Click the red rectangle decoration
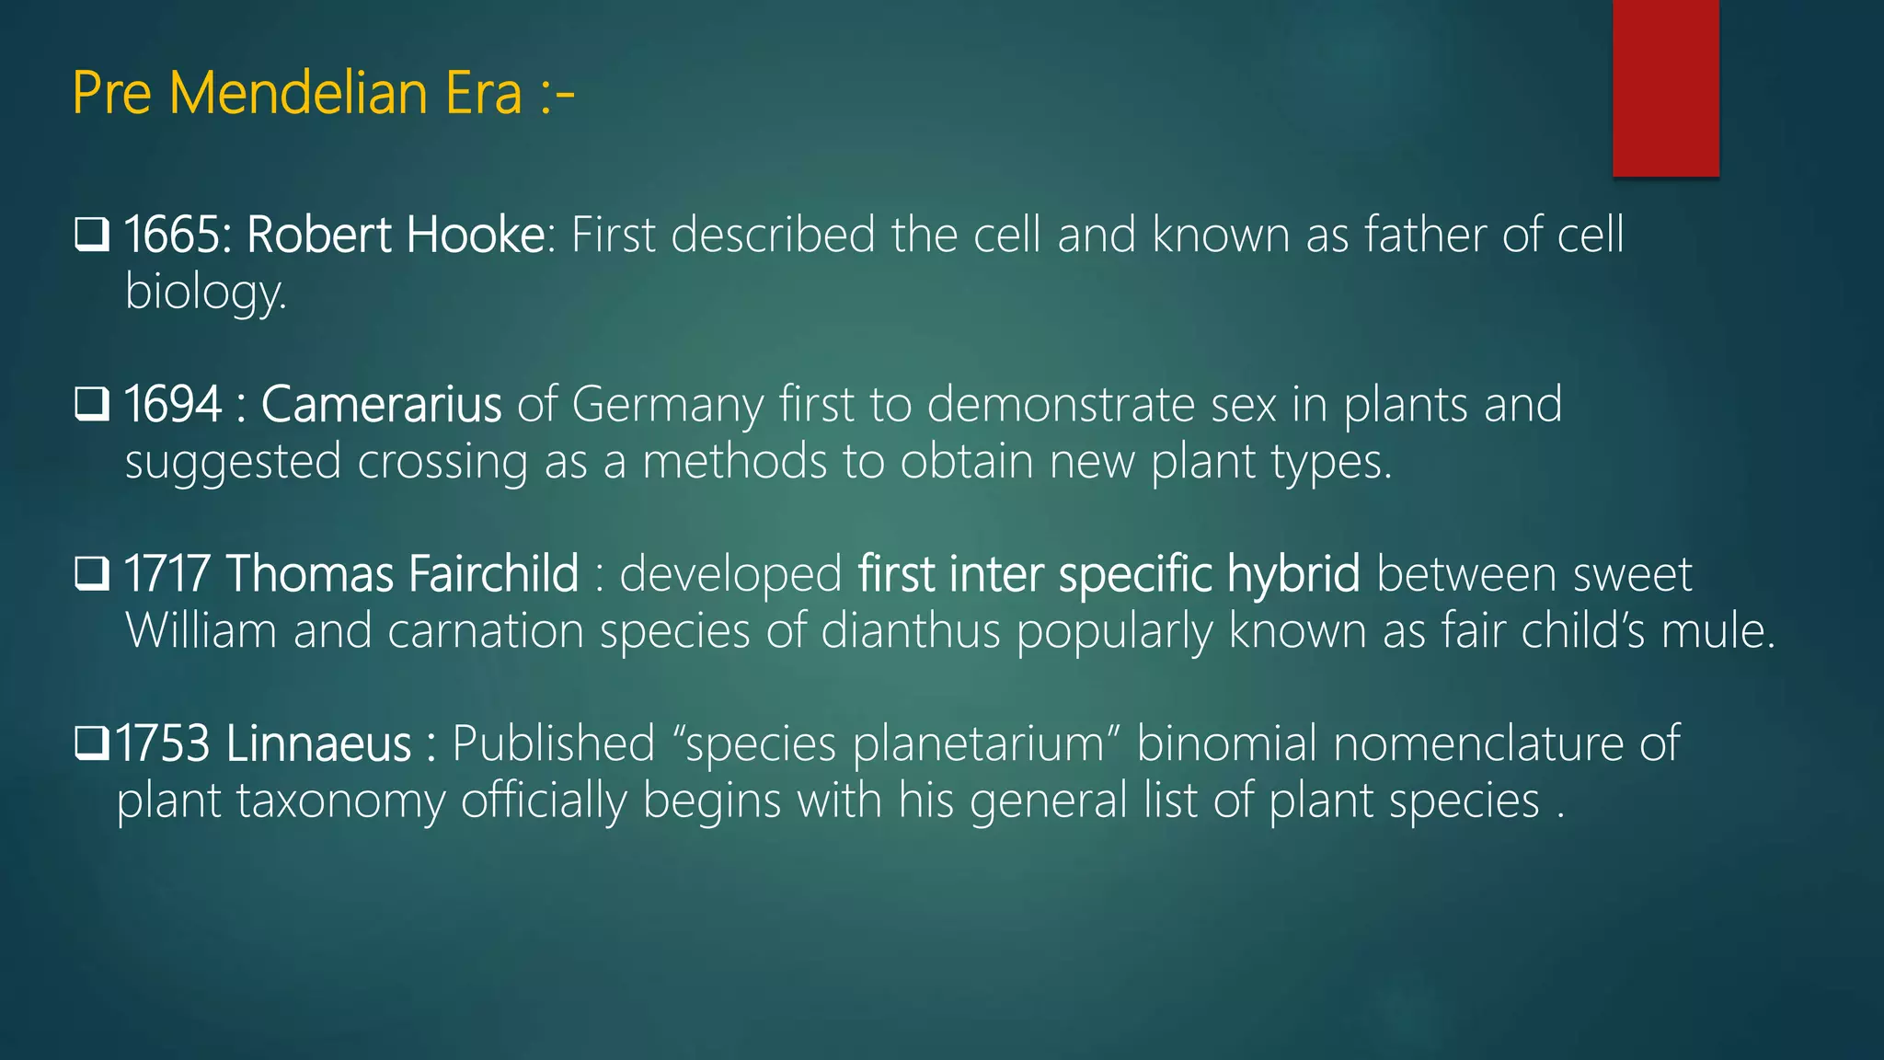1665,87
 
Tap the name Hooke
476,235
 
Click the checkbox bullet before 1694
92,404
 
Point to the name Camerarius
381,404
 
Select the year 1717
167,574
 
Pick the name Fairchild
493,574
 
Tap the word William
201,631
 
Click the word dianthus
910,631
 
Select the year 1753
163,743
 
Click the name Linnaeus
318,743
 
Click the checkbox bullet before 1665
92,235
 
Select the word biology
204,294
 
